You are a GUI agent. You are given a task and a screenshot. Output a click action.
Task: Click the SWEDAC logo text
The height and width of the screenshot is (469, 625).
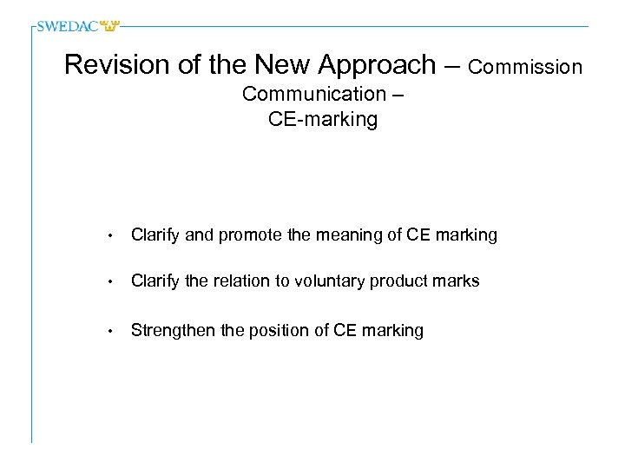coord(68,26)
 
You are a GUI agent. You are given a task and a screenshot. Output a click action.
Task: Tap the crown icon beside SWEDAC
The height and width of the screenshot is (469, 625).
coord(111,26)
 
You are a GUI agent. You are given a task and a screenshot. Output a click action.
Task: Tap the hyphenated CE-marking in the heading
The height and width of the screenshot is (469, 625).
coord(323,119)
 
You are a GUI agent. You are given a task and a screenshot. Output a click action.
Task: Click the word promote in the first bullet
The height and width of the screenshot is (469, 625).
coord(253,235)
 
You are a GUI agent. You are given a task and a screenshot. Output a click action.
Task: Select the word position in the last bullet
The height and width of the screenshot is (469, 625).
coord(270,330)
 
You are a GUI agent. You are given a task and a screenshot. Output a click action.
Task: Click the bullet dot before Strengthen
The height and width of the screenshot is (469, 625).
coord(111,331)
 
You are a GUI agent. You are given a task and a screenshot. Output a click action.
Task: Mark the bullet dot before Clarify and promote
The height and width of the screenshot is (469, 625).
coord(111,236)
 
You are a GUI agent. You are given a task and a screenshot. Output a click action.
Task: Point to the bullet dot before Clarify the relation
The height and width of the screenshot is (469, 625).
coord(111,282)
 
